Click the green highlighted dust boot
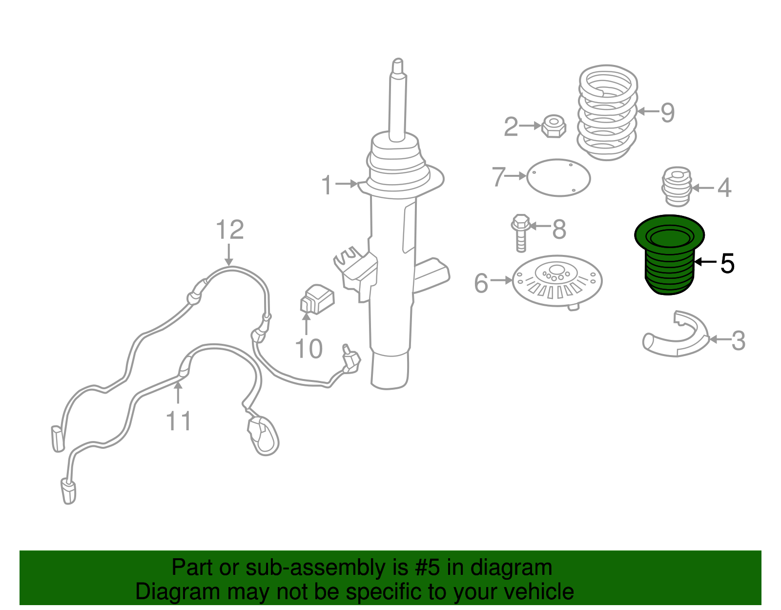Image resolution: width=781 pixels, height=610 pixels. pyautogui.click(x=669, y=255)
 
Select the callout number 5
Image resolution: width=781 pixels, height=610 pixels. pyautogui.click(x=727, y=263)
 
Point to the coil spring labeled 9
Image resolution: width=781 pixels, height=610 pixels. pyautogui.click(x=607, y=112)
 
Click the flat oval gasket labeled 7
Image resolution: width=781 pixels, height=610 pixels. pyautogui.click(x=558, y=178)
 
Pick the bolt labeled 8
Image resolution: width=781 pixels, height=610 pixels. pyautogui.click(x=520, y=233)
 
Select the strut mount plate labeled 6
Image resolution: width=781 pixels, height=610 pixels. pyautogui.click(x=557, y=282)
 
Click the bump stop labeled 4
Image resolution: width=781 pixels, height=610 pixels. pyautogui.click(x=677, y=187)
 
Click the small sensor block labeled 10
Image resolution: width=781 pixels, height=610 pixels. pyautogui.click(x=317, y=299)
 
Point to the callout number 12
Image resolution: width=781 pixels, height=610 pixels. pyautogui.click(x=230, y=230)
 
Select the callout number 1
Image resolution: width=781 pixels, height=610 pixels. pyautogui.click(x=327, y=185)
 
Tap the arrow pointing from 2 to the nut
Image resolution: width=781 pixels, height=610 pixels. pyautogui.click(x=530, y=126)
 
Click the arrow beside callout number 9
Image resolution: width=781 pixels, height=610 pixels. pyautogui.click(x=648, y=111)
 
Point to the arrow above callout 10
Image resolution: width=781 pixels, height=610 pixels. pyautogui.click(x=306, y=323)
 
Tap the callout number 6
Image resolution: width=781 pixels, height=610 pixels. pyautogui.click(x=481, y=283)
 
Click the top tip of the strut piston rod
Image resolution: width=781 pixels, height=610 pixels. pyautogui.click(x=397, y=59)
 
